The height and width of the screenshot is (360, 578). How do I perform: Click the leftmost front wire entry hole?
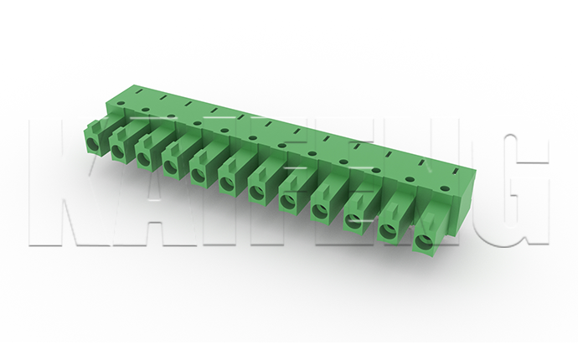click(x=94, y=146)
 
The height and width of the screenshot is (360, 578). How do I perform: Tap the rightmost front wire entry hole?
click(x=424, y=241)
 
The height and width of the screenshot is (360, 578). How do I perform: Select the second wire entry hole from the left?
click(x=117, y=151)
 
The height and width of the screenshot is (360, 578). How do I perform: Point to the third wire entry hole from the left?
click(x=142, y=158)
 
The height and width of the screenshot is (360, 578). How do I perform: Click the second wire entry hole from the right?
click(x=388, y=231)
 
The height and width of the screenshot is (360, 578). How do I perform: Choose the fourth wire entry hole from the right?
click(x=320, y=210)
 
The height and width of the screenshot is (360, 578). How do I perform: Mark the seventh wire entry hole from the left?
click(x=256, y=191)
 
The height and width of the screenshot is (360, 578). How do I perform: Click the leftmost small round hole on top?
click(x=121, y=104)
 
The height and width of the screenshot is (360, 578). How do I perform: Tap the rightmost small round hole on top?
click(x=445, y=189)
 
